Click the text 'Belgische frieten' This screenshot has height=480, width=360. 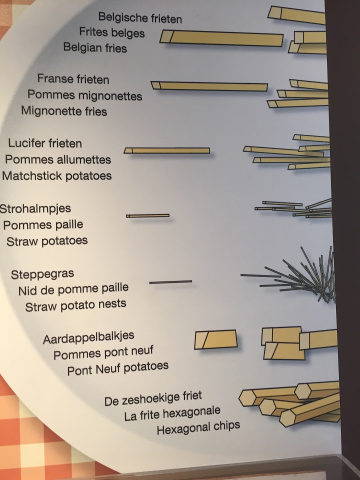coord(140,18)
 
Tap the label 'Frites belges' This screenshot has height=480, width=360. coord(112,32)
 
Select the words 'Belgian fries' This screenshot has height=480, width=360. coord(95,47)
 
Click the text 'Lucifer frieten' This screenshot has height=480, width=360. coord(45,143)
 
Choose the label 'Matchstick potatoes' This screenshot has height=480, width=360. coord(56,175)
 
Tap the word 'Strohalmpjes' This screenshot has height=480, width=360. coord(35,208)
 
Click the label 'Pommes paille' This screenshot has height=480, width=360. coord(43,224)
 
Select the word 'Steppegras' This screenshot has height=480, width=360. coord(42,273)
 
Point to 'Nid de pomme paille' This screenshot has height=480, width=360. coord(73,288)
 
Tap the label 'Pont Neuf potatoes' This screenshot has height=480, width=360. coord(118,368)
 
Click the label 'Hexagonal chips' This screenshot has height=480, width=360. coord(198,427)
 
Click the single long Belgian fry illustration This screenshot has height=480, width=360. coord(221,38)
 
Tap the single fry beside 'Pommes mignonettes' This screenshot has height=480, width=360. coord(209,86)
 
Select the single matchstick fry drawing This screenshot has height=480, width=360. coord(167,150)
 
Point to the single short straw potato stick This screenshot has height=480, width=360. coord(147,216)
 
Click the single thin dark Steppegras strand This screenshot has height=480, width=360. coord(170,282)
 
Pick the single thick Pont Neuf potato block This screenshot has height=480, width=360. coord(216,339)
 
